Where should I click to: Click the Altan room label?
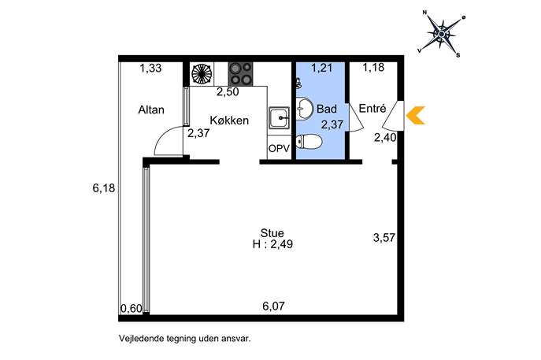(x=151, y=109)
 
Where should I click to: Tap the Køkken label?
(x=229, y=120)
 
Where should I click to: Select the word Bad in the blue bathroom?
(x=326, y=109)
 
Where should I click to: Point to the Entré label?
(x=372, y=109)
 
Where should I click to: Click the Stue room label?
(x=272, y=233)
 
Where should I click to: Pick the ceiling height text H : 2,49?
(x=272, y=244)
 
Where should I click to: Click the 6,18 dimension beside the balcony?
(x=103, y=188)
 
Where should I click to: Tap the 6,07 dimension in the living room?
(x=273, y=306)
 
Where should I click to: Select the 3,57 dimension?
(x=384, y=237)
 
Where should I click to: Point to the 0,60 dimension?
(x=131, y=308)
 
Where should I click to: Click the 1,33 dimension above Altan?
(x=150, y=69)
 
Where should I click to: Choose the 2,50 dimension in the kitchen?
(x=228, y=92)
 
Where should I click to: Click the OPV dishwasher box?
(x=279, y=148)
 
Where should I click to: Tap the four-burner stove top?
(x=240, y=74)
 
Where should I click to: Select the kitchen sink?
(x=279, y=117)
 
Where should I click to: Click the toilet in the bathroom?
(x=309, y=142)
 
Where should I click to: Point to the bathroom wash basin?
(x=304, y=109)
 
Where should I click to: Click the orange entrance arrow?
(x=415, y=115)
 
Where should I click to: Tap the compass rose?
(x=441, y=34)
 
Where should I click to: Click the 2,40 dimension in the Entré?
(x=385, y=138)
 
